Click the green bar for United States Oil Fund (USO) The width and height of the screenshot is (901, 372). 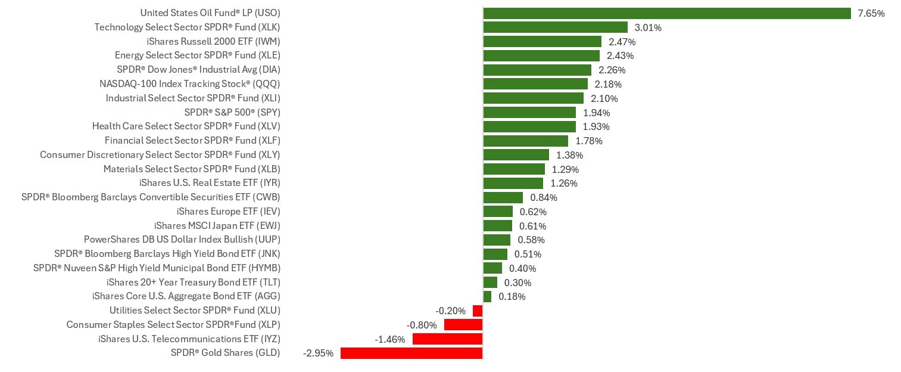[667, 13]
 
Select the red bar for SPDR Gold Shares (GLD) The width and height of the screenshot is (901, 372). [411, 353]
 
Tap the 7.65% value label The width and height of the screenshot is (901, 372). [871, 13]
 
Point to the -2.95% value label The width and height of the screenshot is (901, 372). [319, 353]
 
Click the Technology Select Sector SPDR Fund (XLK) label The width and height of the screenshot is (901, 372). [187, 27]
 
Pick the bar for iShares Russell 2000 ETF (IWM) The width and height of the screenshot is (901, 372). [542, 41]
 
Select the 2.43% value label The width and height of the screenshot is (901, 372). [620, 55]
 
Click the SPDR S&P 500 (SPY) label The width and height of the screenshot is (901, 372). [232, 112]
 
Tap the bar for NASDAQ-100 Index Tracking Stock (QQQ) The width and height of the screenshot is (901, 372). [535, 84]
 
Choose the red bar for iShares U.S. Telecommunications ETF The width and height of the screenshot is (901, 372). [447, 339]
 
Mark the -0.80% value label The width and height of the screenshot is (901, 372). [422, 325]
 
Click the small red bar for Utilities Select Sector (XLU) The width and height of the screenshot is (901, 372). [478, 311]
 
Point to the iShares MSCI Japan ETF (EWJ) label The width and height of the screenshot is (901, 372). [217, 225]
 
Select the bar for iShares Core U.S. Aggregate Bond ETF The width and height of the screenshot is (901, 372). [487, 296]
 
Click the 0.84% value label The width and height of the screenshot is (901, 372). [544, 197]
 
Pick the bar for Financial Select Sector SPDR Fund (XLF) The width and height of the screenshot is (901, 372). [525, 141]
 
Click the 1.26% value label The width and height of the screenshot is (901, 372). [564, 183]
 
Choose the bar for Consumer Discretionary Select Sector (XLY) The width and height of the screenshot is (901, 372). [516, 155]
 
